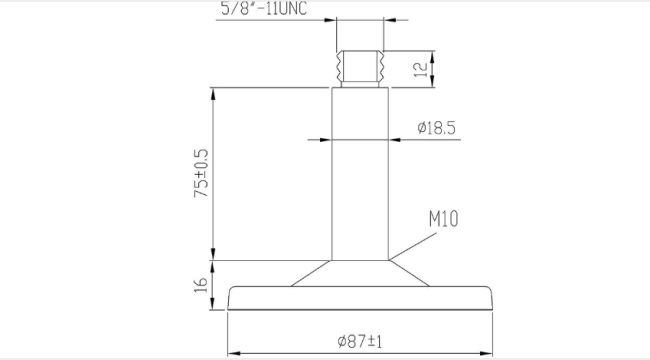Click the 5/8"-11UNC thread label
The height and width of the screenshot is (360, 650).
coord(264,9)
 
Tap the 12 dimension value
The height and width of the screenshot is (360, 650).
coord(420,69)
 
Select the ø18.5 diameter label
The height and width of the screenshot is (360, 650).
coord(437,128)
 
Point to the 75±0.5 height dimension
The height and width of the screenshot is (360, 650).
coord(201,173)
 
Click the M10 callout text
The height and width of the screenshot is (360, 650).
coord(444,219)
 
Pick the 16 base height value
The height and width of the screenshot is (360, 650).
coord(201,285)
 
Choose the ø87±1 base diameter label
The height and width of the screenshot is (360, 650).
coord(360,342)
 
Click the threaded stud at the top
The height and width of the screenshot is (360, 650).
coord(360,69)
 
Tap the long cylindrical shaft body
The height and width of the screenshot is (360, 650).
coord(360,174)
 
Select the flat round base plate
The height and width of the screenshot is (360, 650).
coord(360,298)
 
